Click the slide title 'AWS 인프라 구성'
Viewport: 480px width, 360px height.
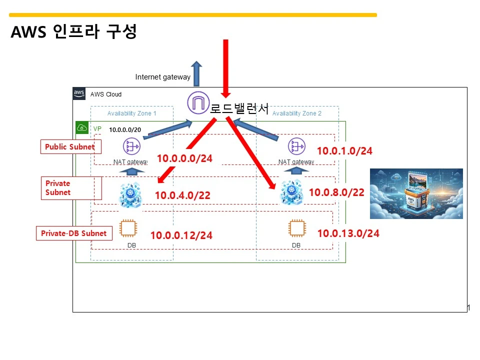[x=73, y=32]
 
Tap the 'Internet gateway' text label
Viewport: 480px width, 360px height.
[x=163, y=77]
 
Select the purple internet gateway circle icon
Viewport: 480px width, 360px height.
[x=197, y=102]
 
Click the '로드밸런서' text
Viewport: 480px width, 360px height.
[x=239, y=108]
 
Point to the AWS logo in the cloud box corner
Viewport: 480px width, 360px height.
[x=79, y=93]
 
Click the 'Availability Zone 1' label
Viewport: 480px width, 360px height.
[x=132, y=113]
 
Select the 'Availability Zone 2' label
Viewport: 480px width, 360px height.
[x=297, y=113]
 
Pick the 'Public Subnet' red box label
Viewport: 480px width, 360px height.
[x=70, y=147]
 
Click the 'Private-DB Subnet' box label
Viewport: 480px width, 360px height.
[x=73, y=233]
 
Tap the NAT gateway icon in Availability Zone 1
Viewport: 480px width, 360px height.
[x=132, y=147]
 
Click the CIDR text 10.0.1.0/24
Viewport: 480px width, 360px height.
[x=344, y=151]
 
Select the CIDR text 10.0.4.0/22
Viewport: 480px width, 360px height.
[x=182, y=195]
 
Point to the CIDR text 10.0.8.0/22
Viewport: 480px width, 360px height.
[x=336, y=192]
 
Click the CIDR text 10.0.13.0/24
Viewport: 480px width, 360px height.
[x=348, y=233]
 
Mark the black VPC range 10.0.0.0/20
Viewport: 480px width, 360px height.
[x=125, y=130]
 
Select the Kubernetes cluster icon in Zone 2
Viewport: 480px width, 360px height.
[x=291, y=192]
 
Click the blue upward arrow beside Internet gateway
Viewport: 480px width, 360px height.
[x=196, y=73]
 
